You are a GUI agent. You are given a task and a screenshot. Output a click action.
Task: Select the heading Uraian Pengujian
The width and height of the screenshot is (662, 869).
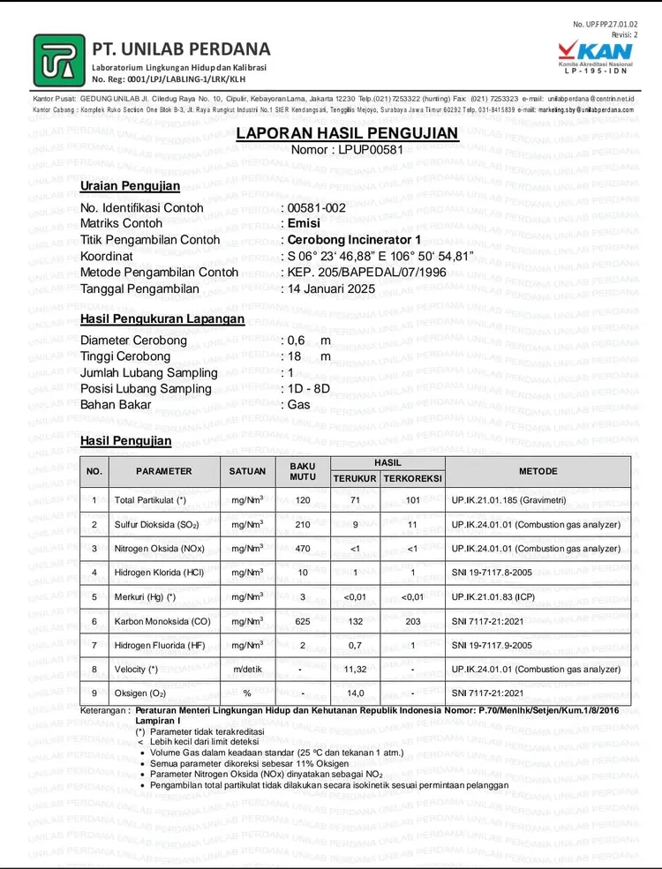pos(130,186)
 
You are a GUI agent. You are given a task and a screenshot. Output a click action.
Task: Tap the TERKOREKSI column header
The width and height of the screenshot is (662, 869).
pos(412,478)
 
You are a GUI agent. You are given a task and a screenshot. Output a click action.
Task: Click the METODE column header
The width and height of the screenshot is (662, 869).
pos(538,471)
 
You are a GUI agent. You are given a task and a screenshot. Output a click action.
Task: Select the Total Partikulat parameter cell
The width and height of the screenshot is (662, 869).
pos(150,500)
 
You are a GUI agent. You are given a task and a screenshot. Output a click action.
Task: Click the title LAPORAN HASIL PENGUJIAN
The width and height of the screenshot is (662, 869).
pos(347,133)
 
